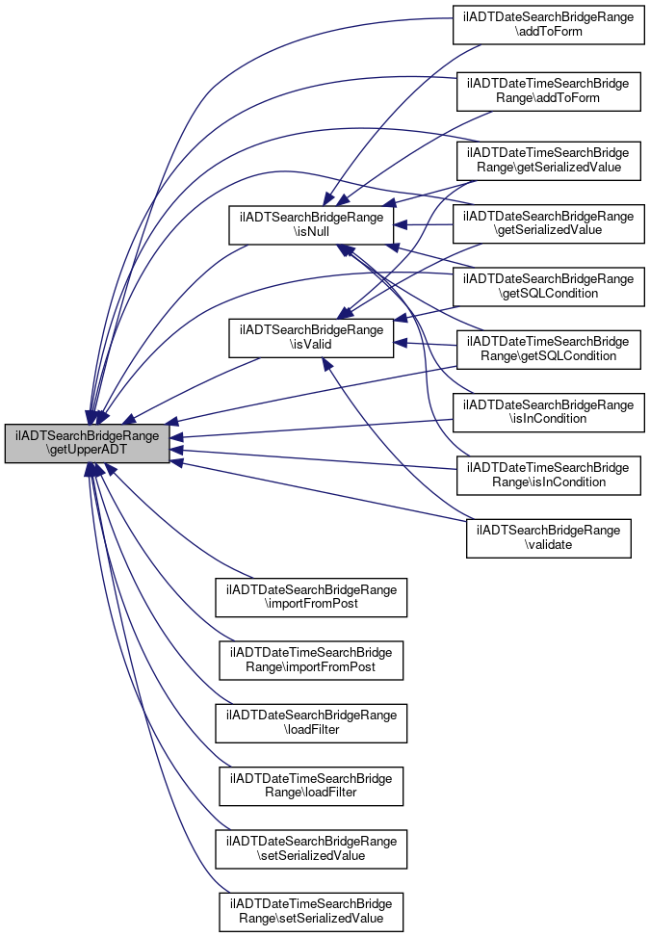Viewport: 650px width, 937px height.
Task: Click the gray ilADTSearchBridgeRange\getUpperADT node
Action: pyautogui.click(x=88, y=443)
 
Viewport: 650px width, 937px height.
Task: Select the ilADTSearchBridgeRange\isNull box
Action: pyautogui.click(x=311, y=224)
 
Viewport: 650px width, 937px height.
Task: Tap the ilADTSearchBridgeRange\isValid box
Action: pyautogui.click(x=311, y=338)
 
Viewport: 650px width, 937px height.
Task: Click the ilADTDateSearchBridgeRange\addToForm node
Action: pyautogui.click(x=549, y=24)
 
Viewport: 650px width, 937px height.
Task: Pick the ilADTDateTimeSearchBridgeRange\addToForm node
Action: pyautogui.click(x=549, y=91)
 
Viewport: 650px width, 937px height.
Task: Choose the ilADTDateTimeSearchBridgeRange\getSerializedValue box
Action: pyautogui.click(x=549, y=161)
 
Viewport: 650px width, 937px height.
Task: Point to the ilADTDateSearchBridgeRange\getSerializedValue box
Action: pyautogui.click(x=549, y=223)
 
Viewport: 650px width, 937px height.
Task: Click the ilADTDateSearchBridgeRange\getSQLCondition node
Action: pyautogui.click(x=549, y=287)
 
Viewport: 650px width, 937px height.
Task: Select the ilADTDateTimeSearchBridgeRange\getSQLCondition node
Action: pyautogui.click(x=549, y=350)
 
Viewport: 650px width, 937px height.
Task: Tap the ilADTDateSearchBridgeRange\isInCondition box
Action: pyautogui.click(x=549, y=412)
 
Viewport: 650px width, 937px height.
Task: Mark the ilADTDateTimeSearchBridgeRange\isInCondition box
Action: pyautogui.click(x=549, y=476)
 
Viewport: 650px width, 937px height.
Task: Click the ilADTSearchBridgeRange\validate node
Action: pyautogui.click(x=549, y=538)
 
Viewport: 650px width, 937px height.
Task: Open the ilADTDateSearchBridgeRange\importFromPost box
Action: pyautogui.click(x=311, y=598)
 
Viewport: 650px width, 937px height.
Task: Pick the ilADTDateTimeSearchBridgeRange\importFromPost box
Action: pyautogui.click(x=311, y=661)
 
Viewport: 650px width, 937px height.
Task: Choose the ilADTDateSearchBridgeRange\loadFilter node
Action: pyautogui.click(x=311, y=723)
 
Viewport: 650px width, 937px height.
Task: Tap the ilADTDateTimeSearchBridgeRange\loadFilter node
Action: pyautogui.click(x=311, y=787)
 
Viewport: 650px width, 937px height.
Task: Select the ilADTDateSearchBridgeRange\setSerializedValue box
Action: pyautogui.click(x=311, y=849)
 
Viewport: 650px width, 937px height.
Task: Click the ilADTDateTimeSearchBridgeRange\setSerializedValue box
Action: pyautogui.click(x=311, y=913)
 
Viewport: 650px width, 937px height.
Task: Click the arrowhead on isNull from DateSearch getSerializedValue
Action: pyautogui.click(x=401, y=224)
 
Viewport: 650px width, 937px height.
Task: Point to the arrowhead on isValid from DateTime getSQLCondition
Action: pyautogui.click(x=401, y=343)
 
